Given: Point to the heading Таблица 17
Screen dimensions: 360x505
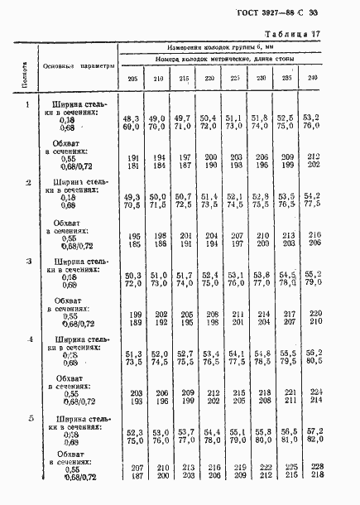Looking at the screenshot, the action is pyautogui.click(x=318, y=34).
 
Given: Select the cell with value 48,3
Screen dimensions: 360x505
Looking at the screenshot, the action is pyautogui.click(x=131, y=119).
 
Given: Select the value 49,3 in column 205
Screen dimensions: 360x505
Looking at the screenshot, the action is pyautogui.click(x=131, y=197).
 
